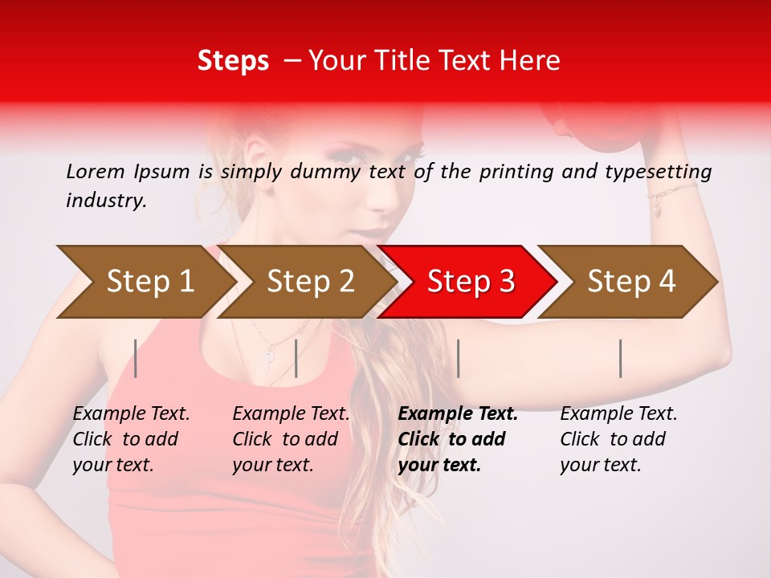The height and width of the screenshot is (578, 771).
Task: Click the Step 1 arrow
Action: pyautogui.click(x=149, y=282)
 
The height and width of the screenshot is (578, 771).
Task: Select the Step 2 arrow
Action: pyautogui.click(x=309, y=282)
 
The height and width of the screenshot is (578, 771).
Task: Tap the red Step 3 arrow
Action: pyautogui.click(x=470, y=282)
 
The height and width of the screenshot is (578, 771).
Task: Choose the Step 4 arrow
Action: pyautogui.click(x=630, y=282)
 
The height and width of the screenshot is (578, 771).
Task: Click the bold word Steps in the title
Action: pyautogui.click(x=233, y=61)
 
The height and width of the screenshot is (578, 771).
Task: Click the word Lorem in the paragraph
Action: pyautogui.click(x=94, y=172)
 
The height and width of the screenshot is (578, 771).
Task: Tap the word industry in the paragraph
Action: pyautogui.click(x=105, y=201)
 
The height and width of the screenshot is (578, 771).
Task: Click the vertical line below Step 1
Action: pyautogui.click(x=136, y=358)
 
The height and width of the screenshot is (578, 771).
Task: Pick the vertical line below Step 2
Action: pyautogui.click(x=296, y=358)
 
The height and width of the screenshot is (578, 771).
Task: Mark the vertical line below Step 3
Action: pyautogui.click(x=458, y=358)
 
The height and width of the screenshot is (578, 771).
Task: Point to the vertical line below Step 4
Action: pyautogui.click(x=620, y=358)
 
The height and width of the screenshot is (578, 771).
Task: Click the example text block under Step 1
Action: pyautogui.click(x=131, y=439)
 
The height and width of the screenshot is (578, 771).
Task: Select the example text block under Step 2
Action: pyautogui.click(x=291, y=439)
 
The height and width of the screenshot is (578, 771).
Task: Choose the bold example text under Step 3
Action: pyautogui.click(x=458, y=439)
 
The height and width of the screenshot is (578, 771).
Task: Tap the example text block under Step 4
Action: pyautogui.click(x=618, y=439)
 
